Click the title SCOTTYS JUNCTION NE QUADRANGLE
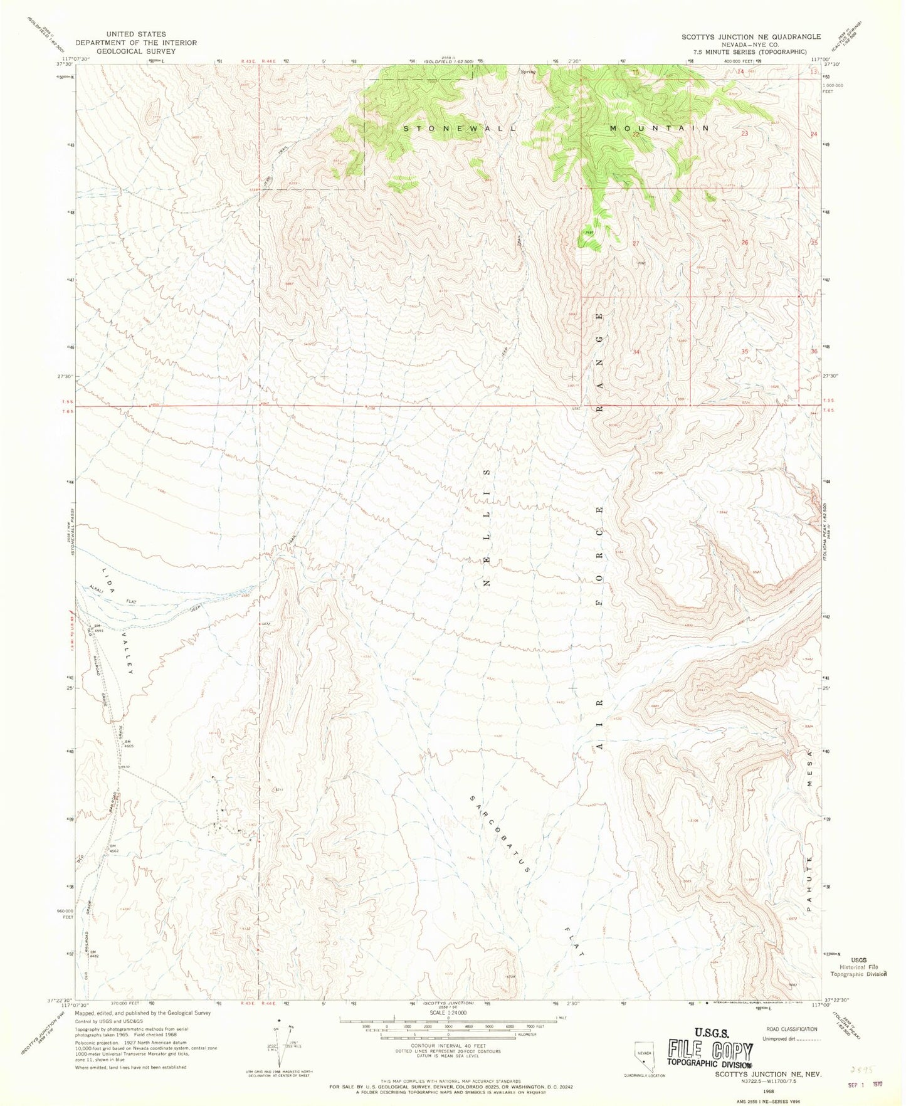pyautogui.click(x=751, y=37)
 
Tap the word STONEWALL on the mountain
pyautogui.click(x=460, y=128)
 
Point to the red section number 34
pyautogui.click(x=636, y=352)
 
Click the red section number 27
pyautogui.click(x=636, y=243)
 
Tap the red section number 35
pyautogui.click(x=744, y=352)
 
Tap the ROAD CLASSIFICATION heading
pyautogui.click(x=792, y=1029)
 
